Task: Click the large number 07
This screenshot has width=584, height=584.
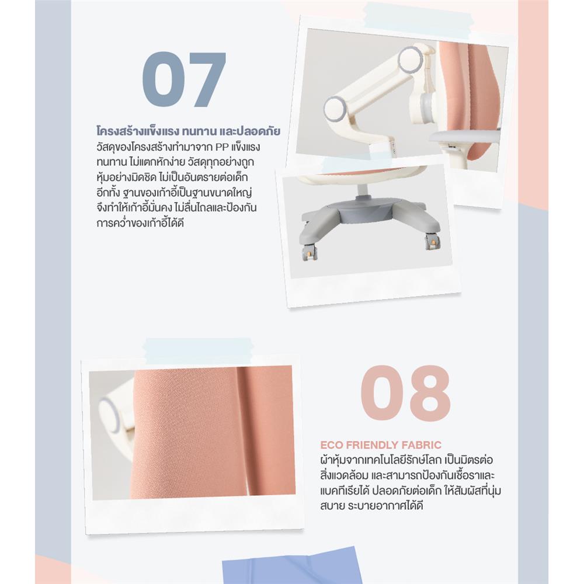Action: pos(184,79)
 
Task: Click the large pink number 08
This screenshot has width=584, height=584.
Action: pos(405,393)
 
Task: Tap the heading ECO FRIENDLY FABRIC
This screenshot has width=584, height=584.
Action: pos(381,445)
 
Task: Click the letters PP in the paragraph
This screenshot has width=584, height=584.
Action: pos(222,147)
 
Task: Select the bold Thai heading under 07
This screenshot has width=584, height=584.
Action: pos(188,131)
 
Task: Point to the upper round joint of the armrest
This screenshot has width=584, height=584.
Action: pos(411,58)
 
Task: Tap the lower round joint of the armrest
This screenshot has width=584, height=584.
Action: pos(337,109)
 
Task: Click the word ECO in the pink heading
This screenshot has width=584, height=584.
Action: pos(331,445)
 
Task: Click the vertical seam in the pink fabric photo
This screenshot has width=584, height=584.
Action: pos(241,432)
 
